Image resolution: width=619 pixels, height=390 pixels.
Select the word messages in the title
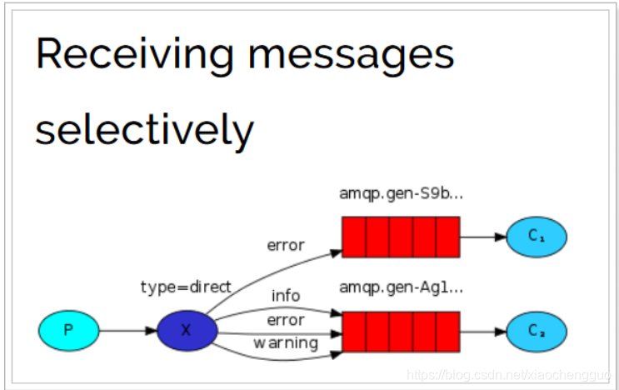[352, 55]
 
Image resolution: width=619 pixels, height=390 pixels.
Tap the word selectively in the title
[144, 129]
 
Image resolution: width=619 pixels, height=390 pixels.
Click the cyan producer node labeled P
[68, 330]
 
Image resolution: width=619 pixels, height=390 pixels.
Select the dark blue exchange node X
[187, 330]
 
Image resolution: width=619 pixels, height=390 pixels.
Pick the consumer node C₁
[537, 237]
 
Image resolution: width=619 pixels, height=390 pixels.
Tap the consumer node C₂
[537, 331]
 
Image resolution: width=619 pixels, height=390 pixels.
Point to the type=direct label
[185, 287]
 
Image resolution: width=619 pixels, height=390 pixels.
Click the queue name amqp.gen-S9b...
[401, 193]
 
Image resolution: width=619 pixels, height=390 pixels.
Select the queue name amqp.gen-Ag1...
[401, 287]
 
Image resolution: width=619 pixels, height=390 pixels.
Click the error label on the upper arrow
[286, 245]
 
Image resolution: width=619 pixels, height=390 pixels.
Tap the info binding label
[286, 296]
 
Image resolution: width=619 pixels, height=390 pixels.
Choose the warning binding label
[286, 342]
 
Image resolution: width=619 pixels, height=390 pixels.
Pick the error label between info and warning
[286, 319]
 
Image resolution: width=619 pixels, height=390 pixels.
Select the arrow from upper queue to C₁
[483, 237]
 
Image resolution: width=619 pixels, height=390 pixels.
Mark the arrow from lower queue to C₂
[483, 331]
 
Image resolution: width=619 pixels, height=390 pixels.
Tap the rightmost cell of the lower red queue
[448, 331]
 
